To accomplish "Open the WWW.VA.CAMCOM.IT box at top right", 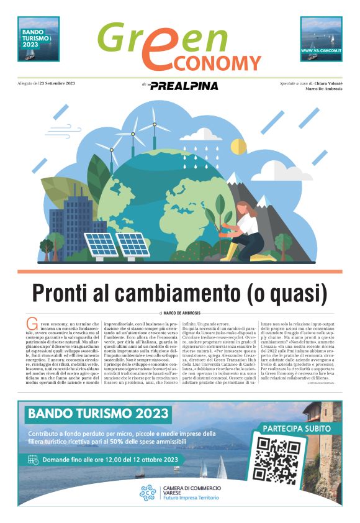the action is [321, 39].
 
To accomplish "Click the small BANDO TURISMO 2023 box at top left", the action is [38, 39].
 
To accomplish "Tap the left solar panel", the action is [102, 244].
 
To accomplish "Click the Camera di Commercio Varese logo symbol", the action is [148, 493].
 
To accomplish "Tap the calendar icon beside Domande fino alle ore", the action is [33, 460].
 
